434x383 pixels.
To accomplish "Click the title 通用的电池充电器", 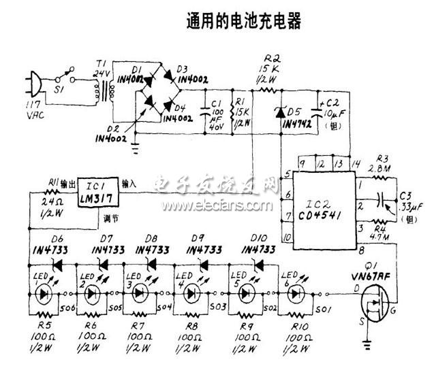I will click(x=244, y=22).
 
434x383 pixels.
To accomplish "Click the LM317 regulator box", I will click(x=97, y=191).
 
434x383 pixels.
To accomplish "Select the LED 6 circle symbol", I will click(x=296, y=293).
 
